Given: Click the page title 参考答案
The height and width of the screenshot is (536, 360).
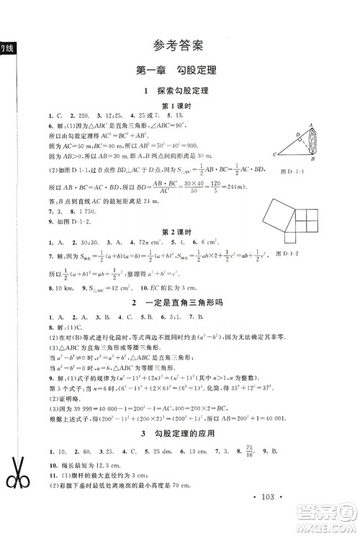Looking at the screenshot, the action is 179,45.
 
